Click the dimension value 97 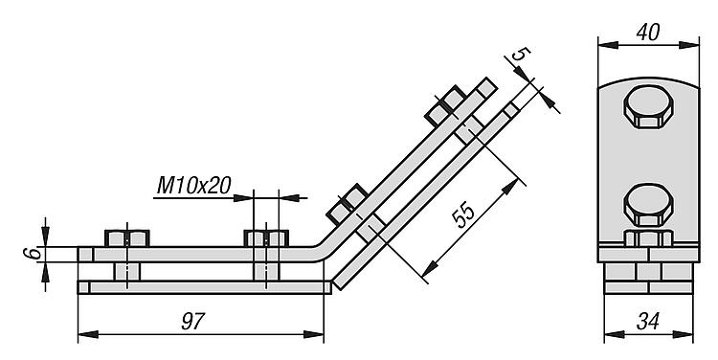(x=191, y=321)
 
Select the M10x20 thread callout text (x=193, y=186)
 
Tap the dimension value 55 (x=463, y=214)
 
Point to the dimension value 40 (x=648, y=33)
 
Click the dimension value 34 (x=647, y=322)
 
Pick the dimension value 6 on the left (x=31, y=254)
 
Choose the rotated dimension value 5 (x=521, y=54)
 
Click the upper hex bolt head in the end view (x=648, y=106)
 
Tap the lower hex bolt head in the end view (x=648, y=205)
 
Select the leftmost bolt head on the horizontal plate (x=127, y=238)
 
